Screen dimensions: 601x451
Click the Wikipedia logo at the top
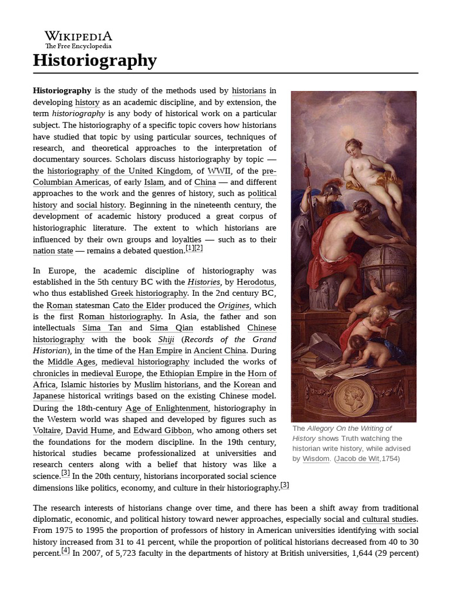pyautogui.click(x=78, y=39)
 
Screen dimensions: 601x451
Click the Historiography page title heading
pyautogui.click(x=95, y=60)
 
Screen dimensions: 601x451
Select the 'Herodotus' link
pyautogui.click(x=256, y=282)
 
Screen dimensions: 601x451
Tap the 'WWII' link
pyautogui.click(x=218, y=171)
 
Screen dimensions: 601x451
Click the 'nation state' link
pyautogui.click(x=53, y=251)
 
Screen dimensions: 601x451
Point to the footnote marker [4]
pyautogui.click(x=66, y=551)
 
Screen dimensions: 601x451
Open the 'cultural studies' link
pyautogui.click(x=389, y=519)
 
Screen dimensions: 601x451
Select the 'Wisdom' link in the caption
pyautogui.click(x=316, y=458)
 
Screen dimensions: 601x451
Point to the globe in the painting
pyautogui.click(x=381, y=267)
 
